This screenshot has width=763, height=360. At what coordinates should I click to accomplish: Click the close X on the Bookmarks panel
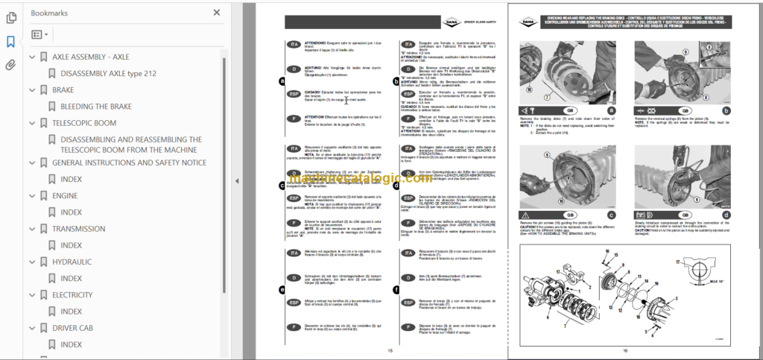217,13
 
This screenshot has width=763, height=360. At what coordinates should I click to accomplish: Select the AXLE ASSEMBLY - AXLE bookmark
89,57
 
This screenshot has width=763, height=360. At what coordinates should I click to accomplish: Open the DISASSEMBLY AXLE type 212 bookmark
108,73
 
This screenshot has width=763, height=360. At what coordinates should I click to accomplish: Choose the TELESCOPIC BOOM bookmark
83,123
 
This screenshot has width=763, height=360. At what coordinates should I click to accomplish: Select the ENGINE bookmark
65,196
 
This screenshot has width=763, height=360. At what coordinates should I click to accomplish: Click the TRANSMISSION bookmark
78,229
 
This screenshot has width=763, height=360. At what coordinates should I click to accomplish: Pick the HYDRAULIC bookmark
72,262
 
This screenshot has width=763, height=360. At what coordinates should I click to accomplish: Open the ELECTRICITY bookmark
72,295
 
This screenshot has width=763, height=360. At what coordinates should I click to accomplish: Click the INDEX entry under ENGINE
71,212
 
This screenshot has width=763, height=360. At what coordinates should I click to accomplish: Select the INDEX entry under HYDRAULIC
71,279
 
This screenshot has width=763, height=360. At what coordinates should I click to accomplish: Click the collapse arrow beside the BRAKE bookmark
31,90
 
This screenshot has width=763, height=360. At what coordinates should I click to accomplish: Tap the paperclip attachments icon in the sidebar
10,65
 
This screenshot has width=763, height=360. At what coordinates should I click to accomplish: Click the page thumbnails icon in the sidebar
10,18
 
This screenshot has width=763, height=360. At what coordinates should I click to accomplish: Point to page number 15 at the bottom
390,351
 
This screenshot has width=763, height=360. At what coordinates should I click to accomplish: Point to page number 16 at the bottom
626,351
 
